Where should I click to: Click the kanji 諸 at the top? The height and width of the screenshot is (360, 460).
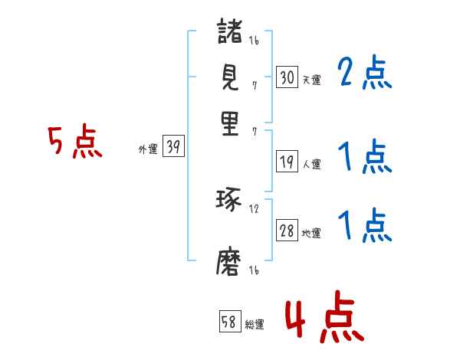(230, 34)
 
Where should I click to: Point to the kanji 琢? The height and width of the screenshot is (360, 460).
(230, 201)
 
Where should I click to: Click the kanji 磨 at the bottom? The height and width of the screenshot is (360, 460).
(230, 264)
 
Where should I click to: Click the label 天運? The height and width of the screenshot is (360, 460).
(311, 79)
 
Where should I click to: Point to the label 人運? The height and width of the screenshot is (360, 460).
(311, 164)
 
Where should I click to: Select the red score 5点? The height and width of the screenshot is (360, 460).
(75, 142)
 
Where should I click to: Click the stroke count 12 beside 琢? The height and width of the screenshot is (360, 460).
(254, 209)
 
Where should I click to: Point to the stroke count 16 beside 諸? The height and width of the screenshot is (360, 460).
(254, 41)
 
